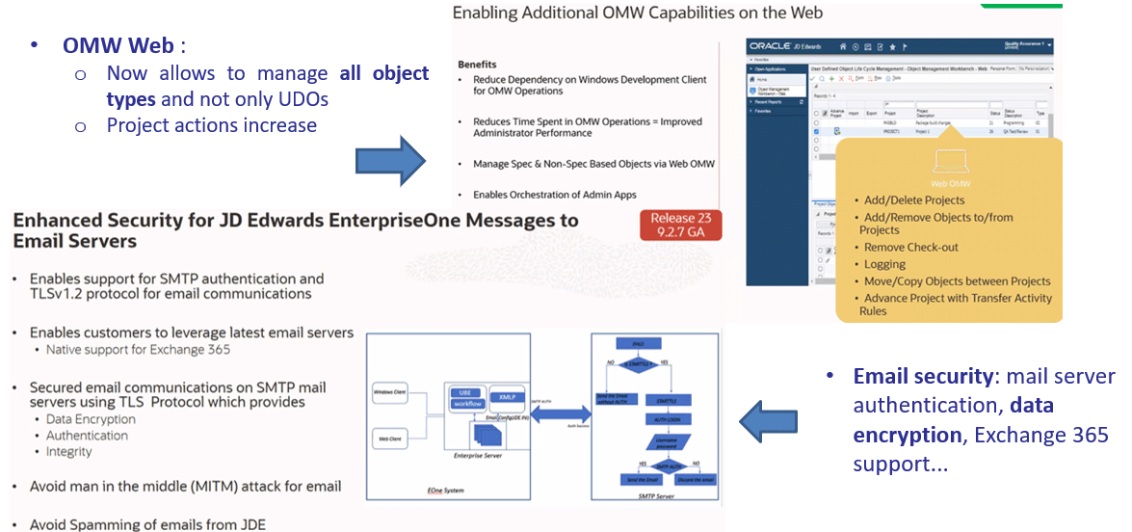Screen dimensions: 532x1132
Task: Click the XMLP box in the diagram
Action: (x=507, y=396)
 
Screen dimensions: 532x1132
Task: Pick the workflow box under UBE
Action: (x=467, y=404)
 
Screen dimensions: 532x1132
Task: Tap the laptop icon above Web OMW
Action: (x=949, y=164)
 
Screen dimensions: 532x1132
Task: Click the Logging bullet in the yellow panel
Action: (x=884, y=264)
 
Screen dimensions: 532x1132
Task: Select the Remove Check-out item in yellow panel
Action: (x=910, y=248)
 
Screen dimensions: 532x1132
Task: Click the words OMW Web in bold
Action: (x=118, y=45)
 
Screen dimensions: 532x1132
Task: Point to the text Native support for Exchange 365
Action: (x=139, y=350)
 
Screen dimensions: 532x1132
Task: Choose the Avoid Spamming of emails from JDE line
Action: (x=147, y=524)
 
